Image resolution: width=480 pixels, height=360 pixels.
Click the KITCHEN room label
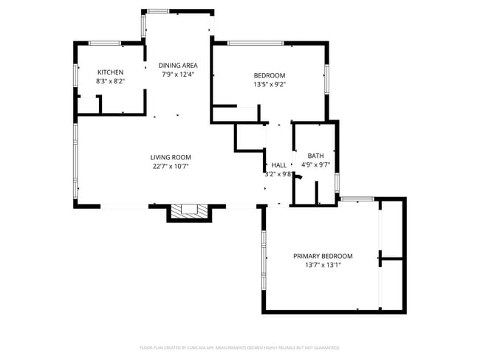tap(110, 72)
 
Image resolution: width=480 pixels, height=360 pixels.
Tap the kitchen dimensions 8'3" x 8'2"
tap(110, 81)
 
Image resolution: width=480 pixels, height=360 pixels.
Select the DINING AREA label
tap(178, 65)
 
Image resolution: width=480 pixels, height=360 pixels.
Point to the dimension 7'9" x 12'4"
tap(178, 74)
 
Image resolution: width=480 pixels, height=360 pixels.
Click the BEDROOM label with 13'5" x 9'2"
tap(269, 75)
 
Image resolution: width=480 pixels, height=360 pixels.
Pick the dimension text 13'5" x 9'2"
tap(269, 84)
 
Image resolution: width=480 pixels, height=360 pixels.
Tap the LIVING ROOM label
tap(171, 157)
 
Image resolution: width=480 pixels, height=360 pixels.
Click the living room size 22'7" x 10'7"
tap(171, 166)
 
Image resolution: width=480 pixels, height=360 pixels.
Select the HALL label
tap(278, 165)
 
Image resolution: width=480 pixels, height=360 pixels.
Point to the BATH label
tap(315, 156)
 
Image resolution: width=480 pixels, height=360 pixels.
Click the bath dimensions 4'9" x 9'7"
tap(315, 165)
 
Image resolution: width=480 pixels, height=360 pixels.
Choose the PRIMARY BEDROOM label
tap(323, 256)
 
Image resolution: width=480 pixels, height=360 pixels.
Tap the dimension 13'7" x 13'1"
tap(323, 265)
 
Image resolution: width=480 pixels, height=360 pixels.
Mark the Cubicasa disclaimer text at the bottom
tap(239, 347)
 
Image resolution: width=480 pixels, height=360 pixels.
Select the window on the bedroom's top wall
tap(256, 44)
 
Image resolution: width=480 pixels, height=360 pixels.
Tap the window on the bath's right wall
tap(337, 181)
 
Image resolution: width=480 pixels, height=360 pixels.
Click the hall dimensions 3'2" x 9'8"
tap(278, 174)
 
